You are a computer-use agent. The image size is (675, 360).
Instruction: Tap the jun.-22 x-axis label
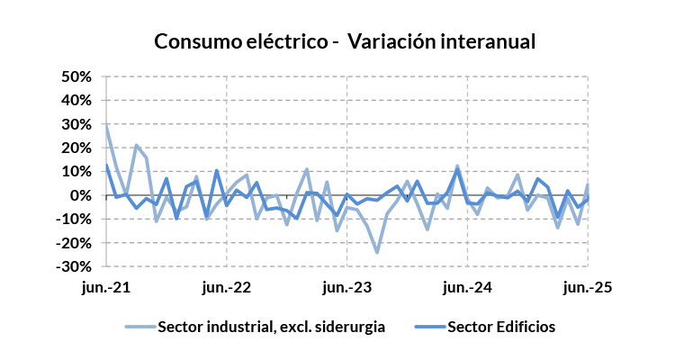[227, 288]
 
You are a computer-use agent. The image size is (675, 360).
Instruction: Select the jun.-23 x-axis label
[347, 288]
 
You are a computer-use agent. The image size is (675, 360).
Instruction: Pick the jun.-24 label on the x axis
[468, 288]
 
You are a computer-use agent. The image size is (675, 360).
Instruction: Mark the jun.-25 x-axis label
[588, 288]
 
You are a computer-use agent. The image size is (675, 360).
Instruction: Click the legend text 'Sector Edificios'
[500, 328]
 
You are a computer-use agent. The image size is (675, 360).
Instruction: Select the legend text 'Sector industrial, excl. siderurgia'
[272, 328]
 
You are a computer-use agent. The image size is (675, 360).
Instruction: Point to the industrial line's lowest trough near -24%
[377, 252]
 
